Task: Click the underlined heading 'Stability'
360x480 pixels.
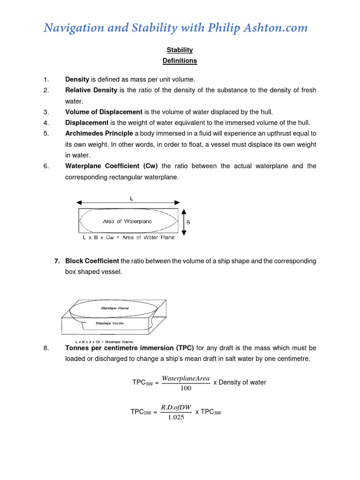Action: (x=180, y=50)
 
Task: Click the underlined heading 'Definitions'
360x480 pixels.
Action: (x=180, y=60)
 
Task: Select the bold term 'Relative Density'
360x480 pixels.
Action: (x=91, y=90)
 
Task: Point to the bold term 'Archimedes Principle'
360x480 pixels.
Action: (x=99, y=133)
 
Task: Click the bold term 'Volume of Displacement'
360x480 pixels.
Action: (x=104, y=112)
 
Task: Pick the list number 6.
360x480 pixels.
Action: (x=45, y=166)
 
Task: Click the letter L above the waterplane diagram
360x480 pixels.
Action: (x=132, y=198)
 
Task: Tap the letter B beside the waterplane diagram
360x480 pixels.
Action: (x=188, y=223)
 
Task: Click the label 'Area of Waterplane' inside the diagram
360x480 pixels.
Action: (x=127, y=221)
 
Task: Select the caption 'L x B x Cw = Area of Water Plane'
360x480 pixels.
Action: (x=128, y=237)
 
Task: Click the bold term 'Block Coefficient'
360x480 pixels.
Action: (x=92, y=261)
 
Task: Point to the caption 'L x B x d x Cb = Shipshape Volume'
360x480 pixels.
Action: (x=104, y=342)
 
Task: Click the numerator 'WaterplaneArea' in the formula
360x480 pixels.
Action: (x=185, y=378)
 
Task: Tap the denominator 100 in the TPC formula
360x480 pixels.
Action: (x=186, y=388)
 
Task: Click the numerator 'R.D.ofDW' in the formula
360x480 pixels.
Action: (x=176, y=407)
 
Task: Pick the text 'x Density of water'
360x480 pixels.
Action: (x=240, y=382)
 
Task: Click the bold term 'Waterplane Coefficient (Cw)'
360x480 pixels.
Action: (x=112, y=166)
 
